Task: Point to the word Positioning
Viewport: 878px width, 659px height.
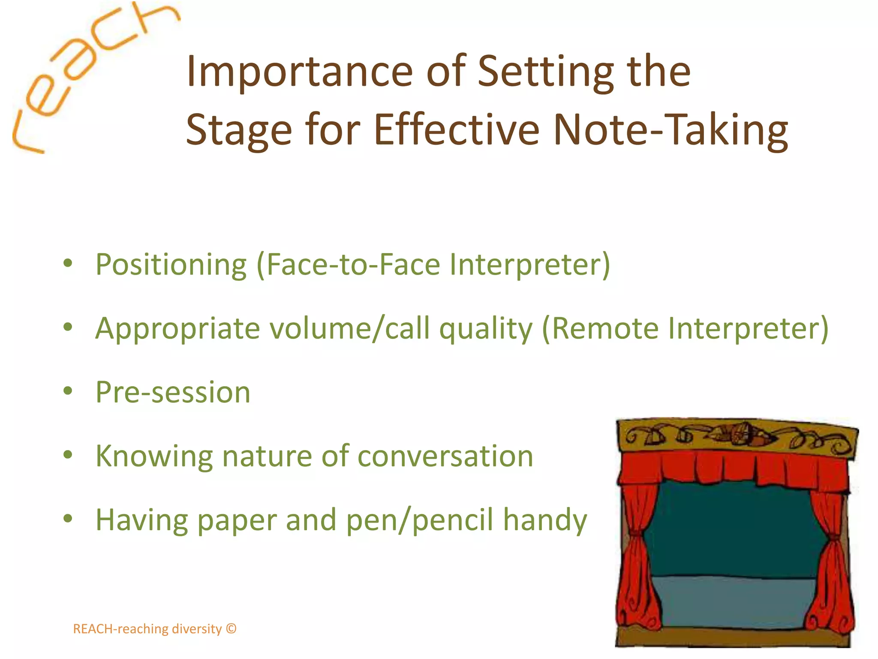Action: (171, 265)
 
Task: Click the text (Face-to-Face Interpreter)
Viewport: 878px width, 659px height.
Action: (433, 265)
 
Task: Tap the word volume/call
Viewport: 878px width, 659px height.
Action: (349, 329)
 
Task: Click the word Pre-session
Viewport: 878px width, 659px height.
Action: (173, 392)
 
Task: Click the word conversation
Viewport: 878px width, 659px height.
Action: (445, 456)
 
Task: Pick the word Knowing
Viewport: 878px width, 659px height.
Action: (154, 456)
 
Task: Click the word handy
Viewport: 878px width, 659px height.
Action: (545, 520)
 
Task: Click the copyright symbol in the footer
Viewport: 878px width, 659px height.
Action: (231, 629)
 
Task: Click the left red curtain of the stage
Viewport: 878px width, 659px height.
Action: (637, 558)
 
